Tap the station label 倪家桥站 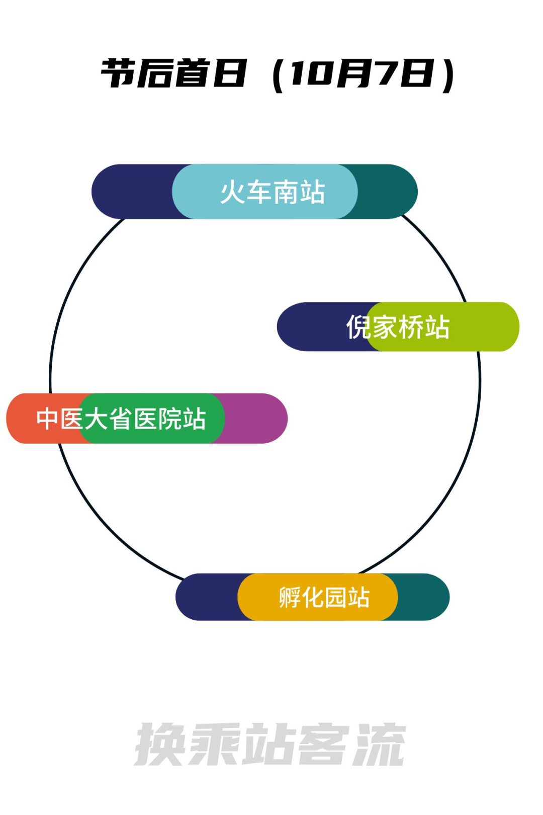tap(398, 327)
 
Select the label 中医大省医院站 tap(121, 419)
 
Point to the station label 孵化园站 tap(324, 597)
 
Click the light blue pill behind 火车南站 tap(265, 191)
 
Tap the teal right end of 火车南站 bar tap(387, 191)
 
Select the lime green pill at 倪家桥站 tap(442, 327)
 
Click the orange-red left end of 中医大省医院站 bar tap(44, 419)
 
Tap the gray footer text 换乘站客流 tap(270, 744)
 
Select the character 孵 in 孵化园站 tap(290, 597)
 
